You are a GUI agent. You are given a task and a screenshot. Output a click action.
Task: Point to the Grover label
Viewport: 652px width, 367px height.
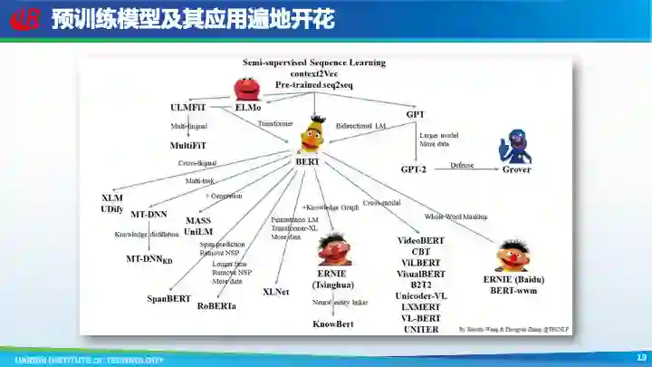click(517, 169)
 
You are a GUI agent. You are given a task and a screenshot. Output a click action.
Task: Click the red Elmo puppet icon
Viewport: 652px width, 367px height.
click(247, 88)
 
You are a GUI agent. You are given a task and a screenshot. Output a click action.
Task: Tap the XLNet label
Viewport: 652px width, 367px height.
click(275, 292)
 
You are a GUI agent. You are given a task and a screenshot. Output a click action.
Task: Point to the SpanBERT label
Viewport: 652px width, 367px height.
click(168, 297)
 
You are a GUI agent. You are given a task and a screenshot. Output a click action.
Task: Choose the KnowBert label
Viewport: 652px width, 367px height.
click(332, 324)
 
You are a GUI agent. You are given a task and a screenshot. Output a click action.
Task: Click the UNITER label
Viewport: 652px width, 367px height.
click(421, 329)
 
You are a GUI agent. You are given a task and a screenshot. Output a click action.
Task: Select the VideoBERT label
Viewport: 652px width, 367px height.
click(421, 241)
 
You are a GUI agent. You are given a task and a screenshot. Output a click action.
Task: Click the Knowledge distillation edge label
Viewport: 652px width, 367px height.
click(147, 235)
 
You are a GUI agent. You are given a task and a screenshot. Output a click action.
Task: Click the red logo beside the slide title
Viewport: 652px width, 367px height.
click(25, 19)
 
